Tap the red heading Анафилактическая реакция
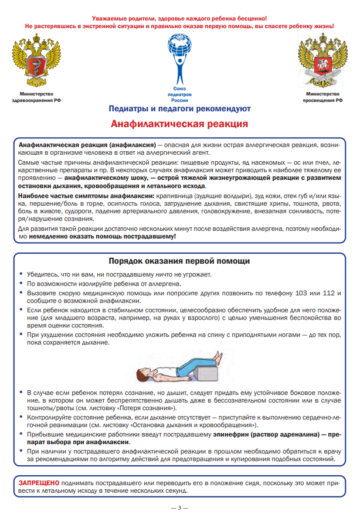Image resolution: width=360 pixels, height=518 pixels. pyautogui.click(x=179, y=124)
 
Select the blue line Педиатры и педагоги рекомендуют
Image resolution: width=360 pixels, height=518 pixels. pyautogui.click(x=179, y=108)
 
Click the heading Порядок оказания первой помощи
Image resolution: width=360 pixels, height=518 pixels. pyautogui.click(x=179, y=261)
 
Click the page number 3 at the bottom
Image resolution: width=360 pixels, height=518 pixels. pyautogui.click(x=180, y=507)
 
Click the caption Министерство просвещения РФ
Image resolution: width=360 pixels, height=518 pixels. pyautogui.click(x=322, y=97)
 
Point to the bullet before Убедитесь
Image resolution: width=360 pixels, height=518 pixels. pyautogui.click(x=22, y=274)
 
